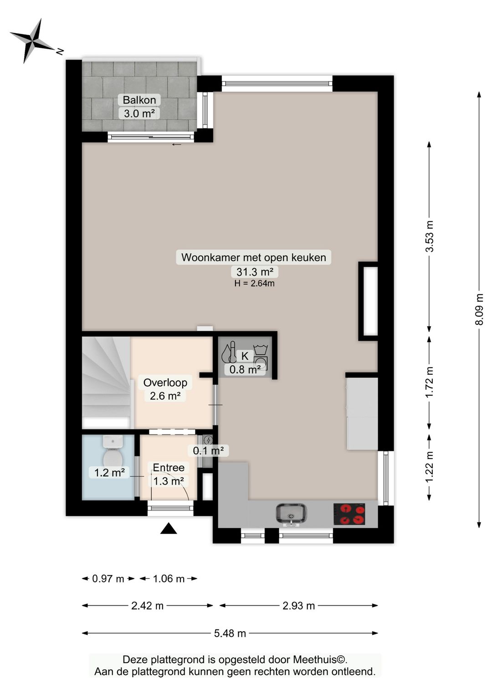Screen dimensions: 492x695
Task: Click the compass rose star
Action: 32,41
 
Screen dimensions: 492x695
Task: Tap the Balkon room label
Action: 139,100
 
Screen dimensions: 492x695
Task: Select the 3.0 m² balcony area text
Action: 139,113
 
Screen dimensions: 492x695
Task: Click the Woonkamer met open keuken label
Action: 254,257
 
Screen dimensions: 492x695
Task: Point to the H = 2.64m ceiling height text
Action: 255,283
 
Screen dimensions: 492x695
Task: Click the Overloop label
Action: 165,383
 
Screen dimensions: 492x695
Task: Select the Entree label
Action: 169,467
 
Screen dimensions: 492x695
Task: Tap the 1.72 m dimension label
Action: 430,382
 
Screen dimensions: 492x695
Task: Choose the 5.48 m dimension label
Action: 230,633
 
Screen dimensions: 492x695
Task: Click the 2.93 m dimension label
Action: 298,605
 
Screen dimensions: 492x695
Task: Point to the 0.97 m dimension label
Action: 108,579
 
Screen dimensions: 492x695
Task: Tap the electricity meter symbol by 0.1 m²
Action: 208,439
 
